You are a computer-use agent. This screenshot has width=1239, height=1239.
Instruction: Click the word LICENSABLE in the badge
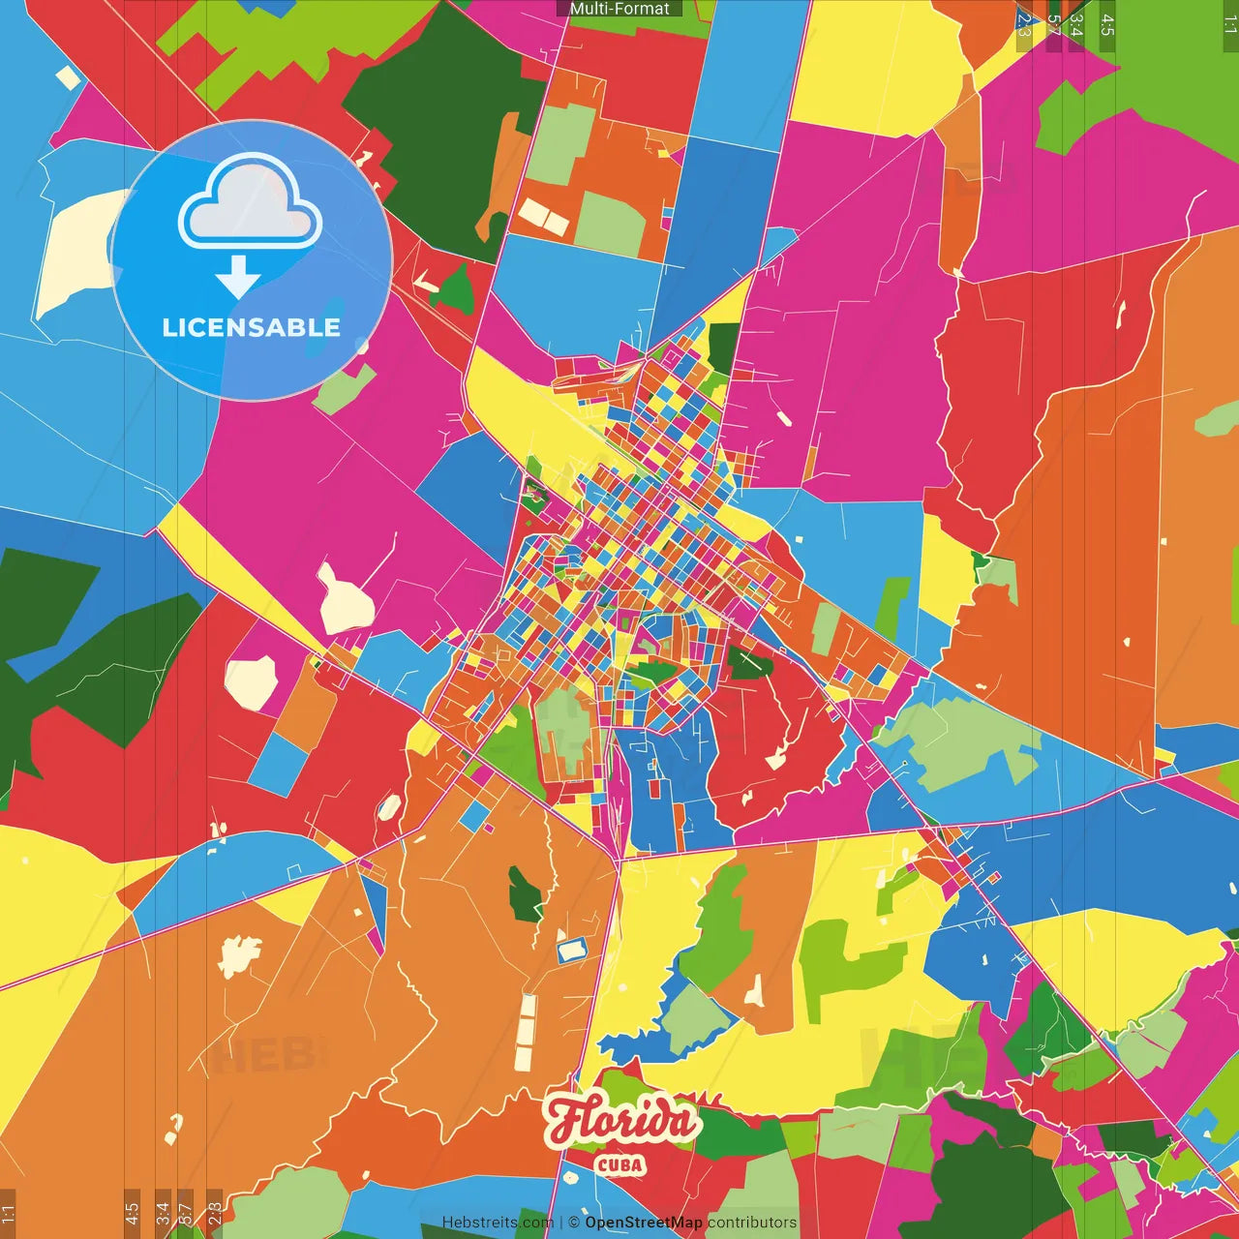(251, 327)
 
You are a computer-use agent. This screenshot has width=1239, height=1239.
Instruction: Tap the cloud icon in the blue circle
(251, 206)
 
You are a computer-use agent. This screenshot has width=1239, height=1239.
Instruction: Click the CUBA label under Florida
(620, 1164)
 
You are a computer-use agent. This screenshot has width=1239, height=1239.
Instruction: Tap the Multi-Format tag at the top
(619, 9)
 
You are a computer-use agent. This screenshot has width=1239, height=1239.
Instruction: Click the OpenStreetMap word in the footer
(643, 1223)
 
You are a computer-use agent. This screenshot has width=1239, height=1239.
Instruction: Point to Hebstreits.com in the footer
(498, 1223)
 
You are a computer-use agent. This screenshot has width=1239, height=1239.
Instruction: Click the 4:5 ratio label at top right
(1106, 25)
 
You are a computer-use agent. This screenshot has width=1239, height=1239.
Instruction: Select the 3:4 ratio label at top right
(1075, 25)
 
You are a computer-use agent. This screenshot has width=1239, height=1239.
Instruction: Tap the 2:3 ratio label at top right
(1025, 25)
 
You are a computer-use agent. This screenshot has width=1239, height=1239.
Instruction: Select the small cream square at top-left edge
(68, 77)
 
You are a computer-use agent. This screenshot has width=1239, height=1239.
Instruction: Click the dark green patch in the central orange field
(525, 895)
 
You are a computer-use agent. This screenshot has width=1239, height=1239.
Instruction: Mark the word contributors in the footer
(752, 1223)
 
